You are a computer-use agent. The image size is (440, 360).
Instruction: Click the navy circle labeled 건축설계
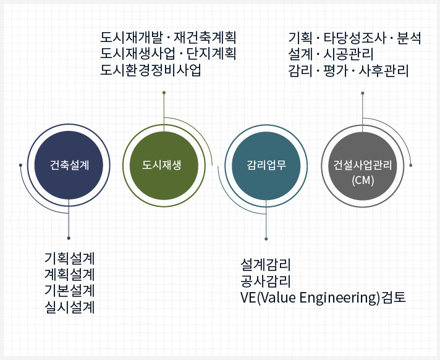tap(69, 165)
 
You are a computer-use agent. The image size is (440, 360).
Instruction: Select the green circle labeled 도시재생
tap(164, 165)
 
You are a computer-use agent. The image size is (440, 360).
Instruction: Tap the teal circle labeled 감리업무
tap(266, 166)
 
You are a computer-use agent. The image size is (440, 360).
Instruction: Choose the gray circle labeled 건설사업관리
tap(363, 166)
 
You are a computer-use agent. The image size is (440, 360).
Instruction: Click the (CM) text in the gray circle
tap(363, 180)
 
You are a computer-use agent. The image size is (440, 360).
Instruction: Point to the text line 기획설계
tap(70, 258)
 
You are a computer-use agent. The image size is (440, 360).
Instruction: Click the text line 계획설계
tap(70, 275)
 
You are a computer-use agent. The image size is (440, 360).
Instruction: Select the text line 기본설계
tap(70, 291)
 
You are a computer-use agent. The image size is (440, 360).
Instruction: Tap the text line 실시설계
tap(70, 308)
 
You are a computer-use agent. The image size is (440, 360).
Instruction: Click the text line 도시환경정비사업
tap(151, 70)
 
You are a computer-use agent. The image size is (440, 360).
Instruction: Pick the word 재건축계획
tap(205, 38)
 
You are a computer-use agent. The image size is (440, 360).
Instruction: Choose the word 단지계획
tap(211, 54)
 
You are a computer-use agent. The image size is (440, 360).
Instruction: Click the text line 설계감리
tap(266, 265)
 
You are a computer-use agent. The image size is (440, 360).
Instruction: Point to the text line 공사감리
tap(266, 281)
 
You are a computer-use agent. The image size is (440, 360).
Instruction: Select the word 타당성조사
tap(355, 38)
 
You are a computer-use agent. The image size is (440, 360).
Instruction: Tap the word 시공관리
tap(349, 54)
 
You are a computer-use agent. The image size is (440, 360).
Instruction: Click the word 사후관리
tap(384, 70)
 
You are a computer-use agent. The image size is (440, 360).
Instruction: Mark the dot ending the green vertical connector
tap(164, 93)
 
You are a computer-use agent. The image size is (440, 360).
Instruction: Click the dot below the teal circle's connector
tap(266, 239)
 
